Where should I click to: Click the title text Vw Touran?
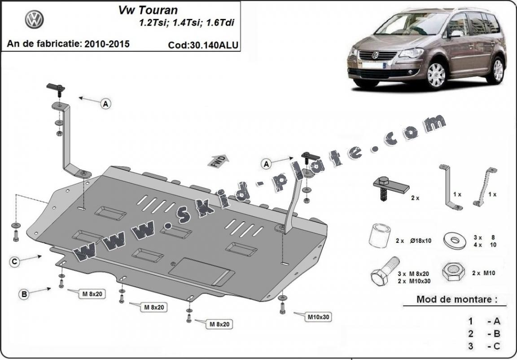[x=148, y=10]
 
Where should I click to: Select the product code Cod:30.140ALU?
[x=203, y=45]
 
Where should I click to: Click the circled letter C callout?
[x=15, y=262]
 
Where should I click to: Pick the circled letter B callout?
[x=24, y=294]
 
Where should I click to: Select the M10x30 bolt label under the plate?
[x=318, y=317]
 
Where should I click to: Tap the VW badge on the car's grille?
[x=375, y=55]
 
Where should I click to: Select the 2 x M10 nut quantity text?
[x=482, y=273]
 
